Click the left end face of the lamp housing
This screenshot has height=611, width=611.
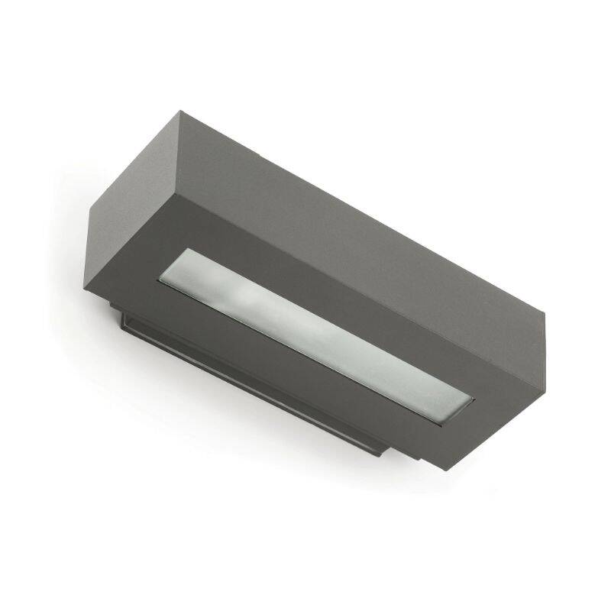[x=130, y=229]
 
